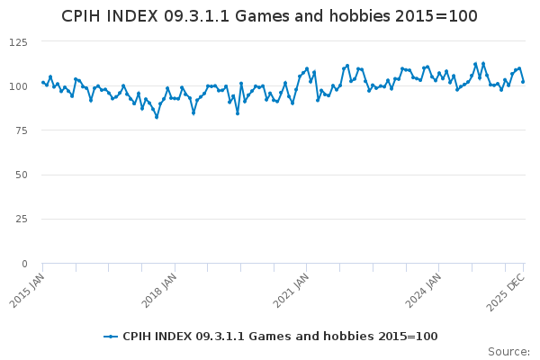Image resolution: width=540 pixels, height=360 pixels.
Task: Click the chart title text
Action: (x=269, y=16)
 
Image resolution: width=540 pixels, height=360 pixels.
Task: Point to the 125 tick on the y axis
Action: (x=18, y=42)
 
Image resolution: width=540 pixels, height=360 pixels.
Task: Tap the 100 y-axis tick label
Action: (x=18, y=86)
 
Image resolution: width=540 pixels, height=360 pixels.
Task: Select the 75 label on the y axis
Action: (x=21, y=130)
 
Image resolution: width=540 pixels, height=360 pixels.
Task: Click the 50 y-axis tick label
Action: (x=21, y=175)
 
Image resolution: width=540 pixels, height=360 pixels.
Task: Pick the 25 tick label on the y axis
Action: (x=21, y=219)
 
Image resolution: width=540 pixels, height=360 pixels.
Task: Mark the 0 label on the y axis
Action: (x=24, y=264)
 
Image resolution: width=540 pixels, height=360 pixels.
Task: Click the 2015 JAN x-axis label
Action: (x=27, y=291)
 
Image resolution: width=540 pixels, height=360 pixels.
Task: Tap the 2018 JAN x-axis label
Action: (x=158, y=291)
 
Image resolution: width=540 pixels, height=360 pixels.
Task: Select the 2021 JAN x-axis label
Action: (x=291, y=291)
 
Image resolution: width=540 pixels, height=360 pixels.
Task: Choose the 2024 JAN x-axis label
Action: (x=423, y=291)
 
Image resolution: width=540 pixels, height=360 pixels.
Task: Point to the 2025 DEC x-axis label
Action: (x=506, y=292)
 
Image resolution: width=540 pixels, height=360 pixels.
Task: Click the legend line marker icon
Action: (x=111, y=337)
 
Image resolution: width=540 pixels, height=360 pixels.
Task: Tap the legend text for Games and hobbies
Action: (x=280, y=337)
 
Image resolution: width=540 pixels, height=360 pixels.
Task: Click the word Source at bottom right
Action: (x=508, y=352)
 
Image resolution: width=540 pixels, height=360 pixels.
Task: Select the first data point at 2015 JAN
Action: (x=42, y=82)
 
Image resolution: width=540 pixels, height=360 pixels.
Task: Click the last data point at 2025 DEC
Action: (x=523, y=82)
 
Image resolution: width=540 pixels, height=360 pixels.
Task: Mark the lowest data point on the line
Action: (x=157, y=118)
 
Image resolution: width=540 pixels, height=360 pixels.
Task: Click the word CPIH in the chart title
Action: (x=82, y=16)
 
